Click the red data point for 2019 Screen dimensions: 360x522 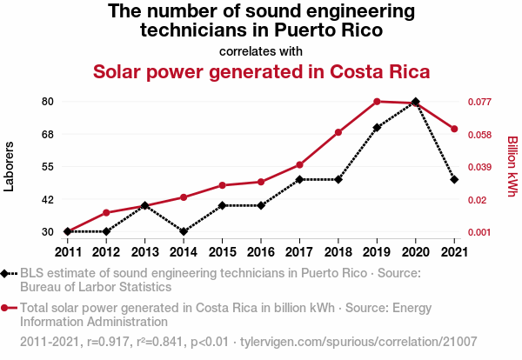(377, 102)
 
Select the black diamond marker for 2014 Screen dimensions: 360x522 (184, 231)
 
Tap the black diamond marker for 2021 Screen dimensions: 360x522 (454, 179)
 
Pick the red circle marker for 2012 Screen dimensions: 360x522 (106, 212)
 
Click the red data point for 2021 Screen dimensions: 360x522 (454, 130)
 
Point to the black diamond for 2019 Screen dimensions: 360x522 (377, 128)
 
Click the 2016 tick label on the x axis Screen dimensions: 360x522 (261, 252)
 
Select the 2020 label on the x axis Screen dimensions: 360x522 (415, 252)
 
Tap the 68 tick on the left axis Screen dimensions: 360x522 (47, 134)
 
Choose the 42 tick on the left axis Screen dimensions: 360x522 (47, 199)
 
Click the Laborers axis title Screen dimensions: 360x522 (10, 166)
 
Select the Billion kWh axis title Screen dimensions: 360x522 (512, 166)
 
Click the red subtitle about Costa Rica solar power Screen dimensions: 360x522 (261, 71)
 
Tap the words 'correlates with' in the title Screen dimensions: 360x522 (261, 50)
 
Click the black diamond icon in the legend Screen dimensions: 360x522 (7, 274)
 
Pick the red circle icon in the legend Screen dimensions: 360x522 (7, 308)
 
